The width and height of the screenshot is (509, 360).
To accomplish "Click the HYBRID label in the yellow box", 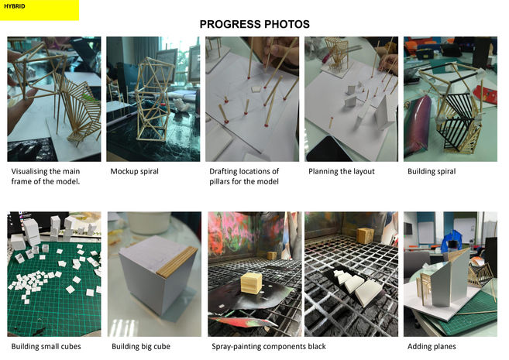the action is coord(14,6).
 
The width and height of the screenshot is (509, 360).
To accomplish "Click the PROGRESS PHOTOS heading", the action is coord(254,24).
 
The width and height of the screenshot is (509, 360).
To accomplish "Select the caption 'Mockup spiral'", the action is coord(134,171).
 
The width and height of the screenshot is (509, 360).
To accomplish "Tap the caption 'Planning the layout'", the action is coord(342,171).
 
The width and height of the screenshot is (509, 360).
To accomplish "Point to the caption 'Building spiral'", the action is coord(432,171).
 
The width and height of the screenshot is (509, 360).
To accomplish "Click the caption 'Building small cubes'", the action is coord(46,346).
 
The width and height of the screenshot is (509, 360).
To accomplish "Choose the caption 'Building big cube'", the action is coord(141,346).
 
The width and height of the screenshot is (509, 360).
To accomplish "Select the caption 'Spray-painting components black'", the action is coord(269,346).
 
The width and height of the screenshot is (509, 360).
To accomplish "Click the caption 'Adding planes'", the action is coord(432,346).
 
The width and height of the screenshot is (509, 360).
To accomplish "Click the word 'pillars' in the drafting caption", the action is coord(219,181).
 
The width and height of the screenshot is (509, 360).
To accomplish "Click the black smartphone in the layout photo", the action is coord(328,150).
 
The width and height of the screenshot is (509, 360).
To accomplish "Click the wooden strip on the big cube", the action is coord(177,262).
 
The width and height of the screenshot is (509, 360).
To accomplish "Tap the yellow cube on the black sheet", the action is coord(252,283).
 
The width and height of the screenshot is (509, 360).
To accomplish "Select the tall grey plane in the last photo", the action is coord(451,277).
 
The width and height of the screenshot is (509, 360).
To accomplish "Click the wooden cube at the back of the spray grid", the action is coord(366,236).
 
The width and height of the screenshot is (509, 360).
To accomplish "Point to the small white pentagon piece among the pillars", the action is coord(256,89).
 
